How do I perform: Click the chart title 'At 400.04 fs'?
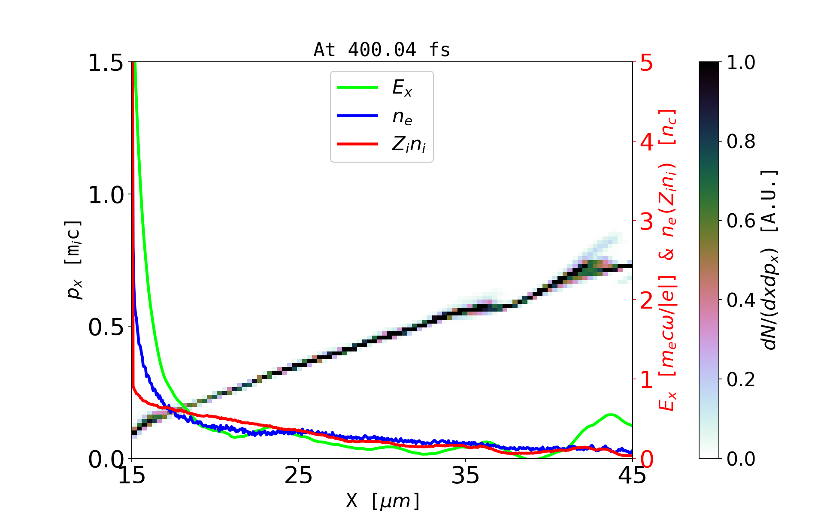tap(382, 50)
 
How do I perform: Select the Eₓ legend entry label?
tap(402, 88)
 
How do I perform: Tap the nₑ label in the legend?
tap(402, 117)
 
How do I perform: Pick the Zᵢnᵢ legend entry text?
tap(409, 145)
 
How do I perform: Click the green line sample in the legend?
tap(357, 88)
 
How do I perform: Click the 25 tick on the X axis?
tap(299, 476)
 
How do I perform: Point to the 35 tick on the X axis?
tap(466, 476)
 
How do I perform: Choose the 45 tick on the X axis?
tap(632, 476)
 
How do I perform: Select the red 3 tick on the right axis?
tap(646, 221)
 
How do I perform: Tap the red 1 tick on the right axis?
tap(646, 380)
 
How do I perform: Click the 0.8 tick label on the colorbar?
tap(741, 142)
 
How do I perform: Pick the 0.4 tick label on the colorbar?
tap(741, 300)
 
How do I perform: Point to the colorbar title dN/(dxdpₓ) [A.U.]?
tap(770, 260)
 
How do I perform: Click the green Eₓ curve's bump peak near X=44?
tap(610, 415)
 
